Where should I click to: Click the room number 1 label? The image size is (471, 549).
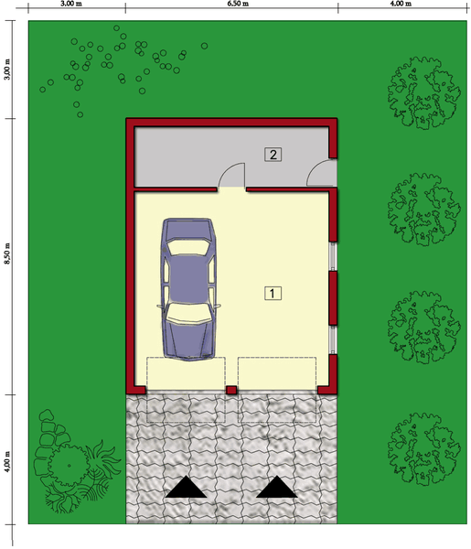pos(273,294)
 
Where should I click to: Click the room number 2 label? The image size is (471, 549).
pos(273,154)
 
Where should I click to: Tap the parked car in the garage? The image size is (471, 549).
pos(189,287)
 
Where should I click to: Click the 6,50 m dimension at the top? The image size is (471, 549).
pos(232,5)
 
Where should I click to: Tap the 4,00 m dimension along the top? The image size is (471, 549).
pos(401,5)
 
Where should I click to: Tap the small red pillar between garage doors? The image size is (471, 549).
pos(231,391)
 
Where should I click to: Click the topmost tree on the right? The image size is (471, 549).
pos(423,91)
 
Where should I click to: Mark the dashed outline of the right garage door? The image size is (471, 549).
pos(277,389)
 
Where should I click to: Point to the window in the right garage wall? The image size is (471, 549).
pos(335,257)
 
